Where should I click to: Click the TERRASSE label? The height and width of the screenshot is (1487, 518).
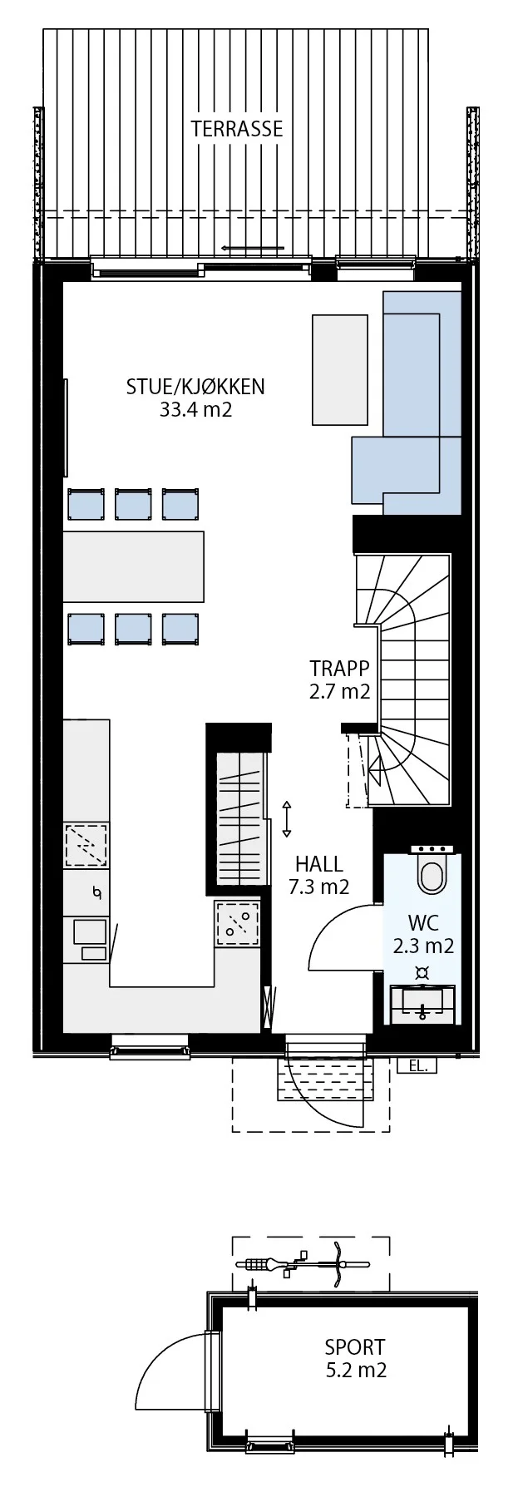coord(237,129)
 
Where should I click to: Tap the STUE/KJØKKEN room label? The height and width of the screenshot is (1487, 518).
coord(195,387)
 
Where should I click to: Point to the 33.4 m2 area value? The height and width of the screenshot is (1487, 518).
coord(195,409)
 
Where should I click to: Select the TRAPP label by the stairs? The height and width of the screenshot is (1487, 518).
coord(339,669)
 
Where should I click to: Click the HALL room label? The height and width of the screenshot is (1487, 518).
coord(318,865)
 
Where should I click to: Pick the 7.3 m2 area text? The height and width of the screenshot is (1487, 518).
coord(318,887)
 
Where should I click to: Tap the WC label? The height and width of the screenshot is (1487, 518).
coord(423,922)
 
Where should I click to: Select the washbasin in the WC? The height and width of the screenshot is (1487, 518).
coord(423,1002)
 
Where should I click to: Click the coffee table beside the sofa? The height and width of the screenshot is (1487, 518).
coord(340,369)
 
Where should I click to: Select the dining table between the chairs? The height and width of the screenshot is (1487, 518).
coord(134,566)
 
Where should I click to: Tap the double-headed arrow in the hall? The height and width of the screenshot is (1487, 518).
coord(287,819)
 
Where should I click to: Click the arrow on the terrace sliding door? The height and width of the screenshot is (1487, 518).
coord(253,248)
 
